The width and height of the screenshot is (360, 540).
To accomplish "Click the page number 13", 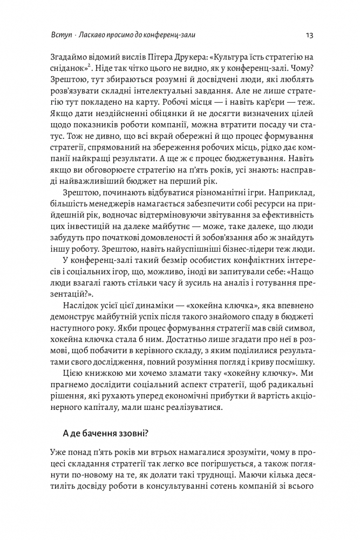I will pos(310,35).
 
